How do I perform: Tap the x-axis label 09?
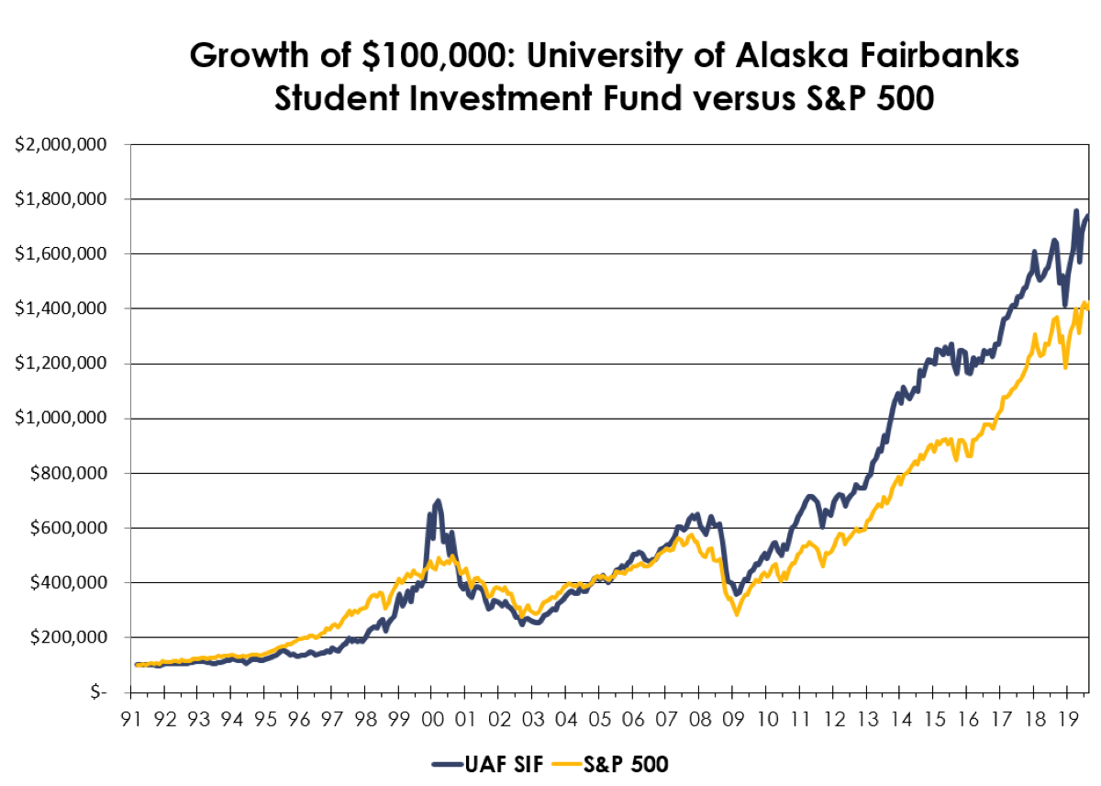(732, 717)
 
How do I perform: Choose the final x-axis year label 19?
(1066, 717)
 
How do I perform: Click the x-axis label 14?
(899, 717)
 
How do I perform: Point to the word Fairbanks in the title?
(921, 56)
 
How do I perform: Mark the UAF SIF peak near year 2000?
(438, 501)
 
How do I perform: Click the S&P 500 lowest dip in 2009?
(736, 613)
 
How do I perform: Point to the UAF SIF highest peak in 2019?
(1075, 211)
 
